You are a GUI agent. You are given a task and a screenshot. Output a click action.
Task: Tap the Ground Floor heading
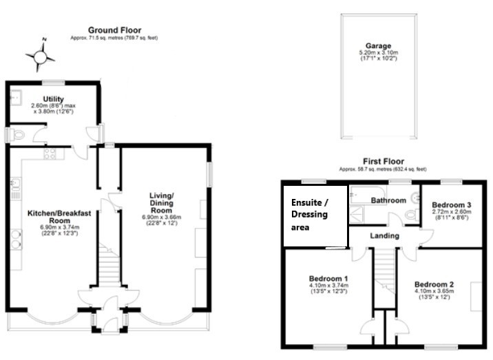point(114,30)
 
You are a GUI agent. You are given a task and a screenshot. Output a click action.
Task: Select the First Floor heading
point(384,162)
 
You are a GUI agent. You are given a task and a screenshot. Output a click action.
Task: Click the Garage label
point(378,46)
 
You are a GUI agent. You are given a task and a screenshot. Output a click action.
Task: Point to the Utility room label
point(54,99)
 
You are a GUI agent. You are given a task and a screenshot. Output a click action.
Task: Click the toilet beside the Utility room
point(17,135)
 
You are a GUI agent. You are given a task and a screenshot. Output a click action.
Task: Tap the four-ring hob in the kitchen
point(50,153)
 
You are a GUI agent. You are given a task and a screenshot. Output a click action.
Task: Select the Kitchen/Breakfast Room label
point(59,217)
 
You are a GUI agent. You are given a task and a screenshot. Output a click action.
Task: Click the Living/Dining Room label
point(161,203)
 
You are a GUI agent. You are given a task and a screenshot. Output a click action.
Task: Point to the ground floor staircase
point(109,264)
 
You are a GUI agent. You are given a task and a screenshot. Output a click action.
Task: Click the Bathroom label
point(388,200)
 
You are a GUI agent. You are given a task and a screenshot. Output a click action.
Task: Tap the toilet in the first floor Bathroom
point(412,215)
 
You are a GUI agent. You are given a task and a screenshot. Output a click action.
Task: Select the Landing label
point(384,236)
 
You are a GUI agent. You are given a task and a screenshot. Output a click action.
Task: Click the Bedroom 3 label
point(452,205)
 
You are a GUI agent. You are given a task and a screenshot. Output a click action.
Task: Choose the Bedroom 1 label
point(328,279)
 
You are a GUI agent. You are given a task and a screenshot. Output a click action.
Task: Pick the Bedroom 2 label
point(434,284)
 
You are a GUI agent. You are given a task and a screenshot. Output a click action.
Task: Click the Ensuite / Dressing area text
point(310,215)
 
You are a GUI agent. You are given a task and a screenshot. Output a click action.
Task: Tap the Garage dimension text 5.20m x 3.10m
point(379,52)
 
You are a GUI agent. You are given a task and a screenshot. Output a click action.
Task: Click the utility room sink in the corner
point(16,97)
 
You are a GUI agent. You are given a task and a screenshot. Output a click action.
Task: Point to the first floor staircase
point(384,271)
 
